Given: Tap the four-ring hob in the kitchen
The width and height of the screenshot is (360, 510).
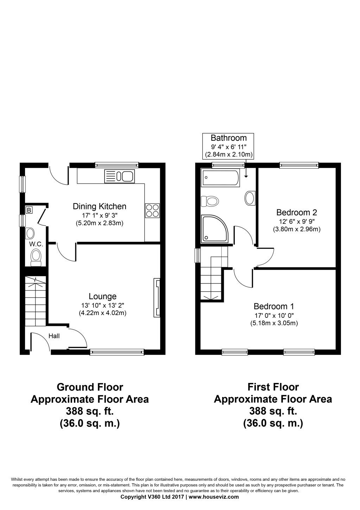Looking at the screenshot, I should point(152,210).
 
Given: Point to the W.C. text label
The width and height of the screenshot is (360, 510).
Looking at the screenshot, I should point(36,244).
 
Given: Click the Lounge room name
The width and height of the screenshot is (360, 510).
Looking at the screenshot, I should point(102,296).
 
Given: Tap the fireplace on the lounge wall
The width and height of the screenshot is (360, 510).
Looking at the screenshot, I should point(157,297).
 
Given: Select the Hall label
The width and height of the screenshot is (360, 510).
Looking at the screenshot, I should point(54,336).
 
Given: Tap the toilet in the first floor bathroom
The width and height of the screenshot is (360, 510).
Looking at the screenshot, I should point(210,201).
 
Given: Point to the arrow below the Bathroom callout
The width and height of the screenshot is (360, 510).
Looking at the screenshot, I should point(246,172).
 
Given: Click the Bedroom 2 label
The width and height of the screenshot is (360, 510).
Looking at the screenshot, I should point(296,212).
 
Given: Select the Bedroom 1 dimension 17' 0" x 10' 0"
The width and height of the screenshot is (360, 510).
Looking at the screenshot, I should point(274,315).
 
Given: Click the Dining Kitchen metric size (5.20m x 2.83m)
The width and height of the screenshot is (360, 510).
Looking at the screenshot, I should point(99,223).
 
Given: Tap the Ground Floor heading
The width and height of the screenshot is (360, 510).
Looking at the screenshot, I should point(90,387).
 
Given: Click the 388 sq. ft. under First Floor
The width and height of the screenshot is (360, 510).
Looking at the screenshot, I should point(273,411).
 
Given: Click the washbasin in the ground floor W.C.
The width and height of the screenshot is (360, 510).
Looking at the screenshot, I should point(30,233).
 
